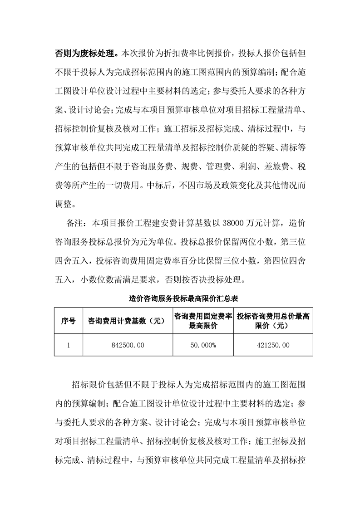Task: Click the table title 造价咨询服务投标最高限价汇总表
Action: pos(181,299)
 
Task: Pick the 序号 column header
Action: pos(68,321)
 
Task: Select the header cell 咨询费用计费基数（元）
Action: pos(126,321)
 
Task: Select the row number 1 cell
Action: pos(68,346)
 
